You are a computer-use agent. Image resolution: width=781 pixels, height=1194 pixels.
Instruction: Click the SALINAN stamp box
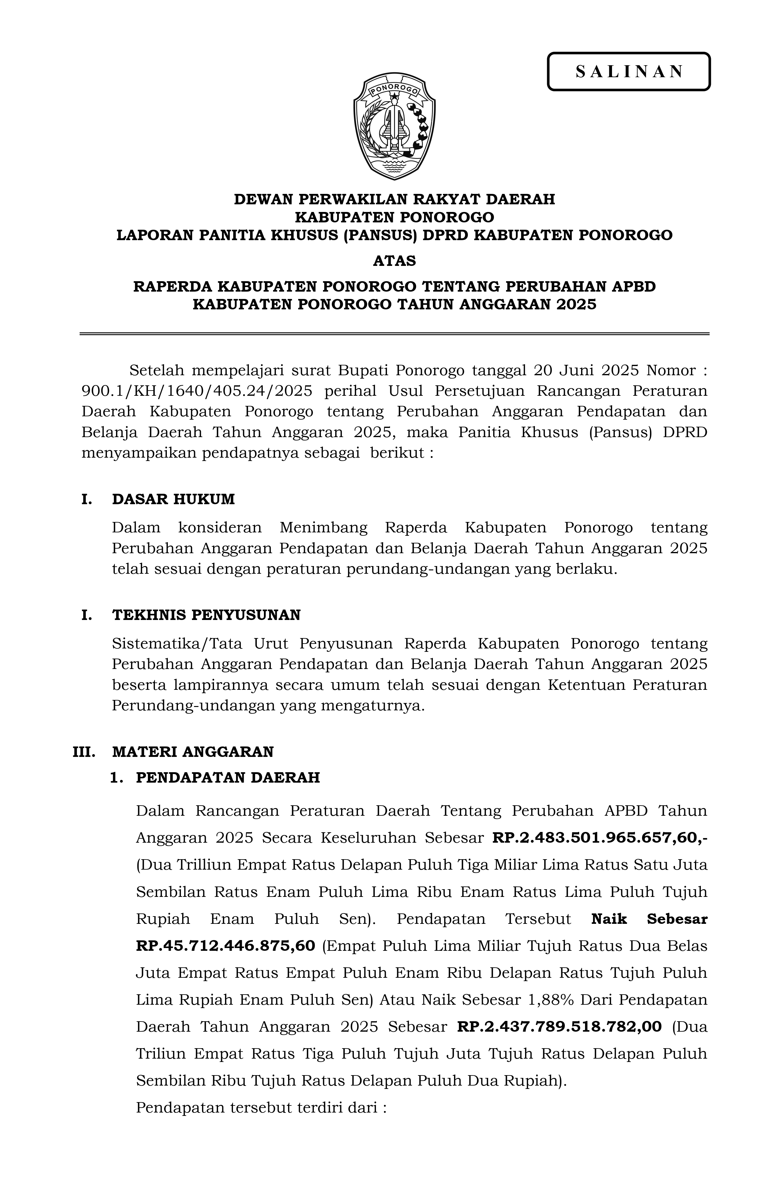[x=629, y=72]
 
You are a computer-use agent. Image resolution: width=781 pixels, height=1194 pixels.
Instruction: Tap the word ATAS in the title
[x=395, y=261]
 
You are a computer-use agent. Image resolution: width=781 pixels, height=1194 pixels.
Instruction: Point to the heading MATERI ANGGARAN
[x=193, y=751]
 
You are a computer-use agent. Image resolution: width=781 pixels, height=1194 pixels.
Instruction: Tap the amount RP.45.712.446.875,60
[x=226, y=946]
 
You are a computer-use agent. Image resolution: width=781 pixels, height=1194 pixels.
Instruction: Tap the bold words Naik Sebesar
[x=649, y=919]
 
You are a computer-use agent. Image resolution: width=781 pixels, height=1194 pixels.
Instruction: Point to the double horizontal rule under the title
[x=395, y=333]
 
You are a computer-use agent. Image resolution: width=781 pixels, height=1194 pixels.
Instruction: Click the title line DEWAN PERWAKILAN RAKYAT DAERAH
[x=395, y=199]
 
